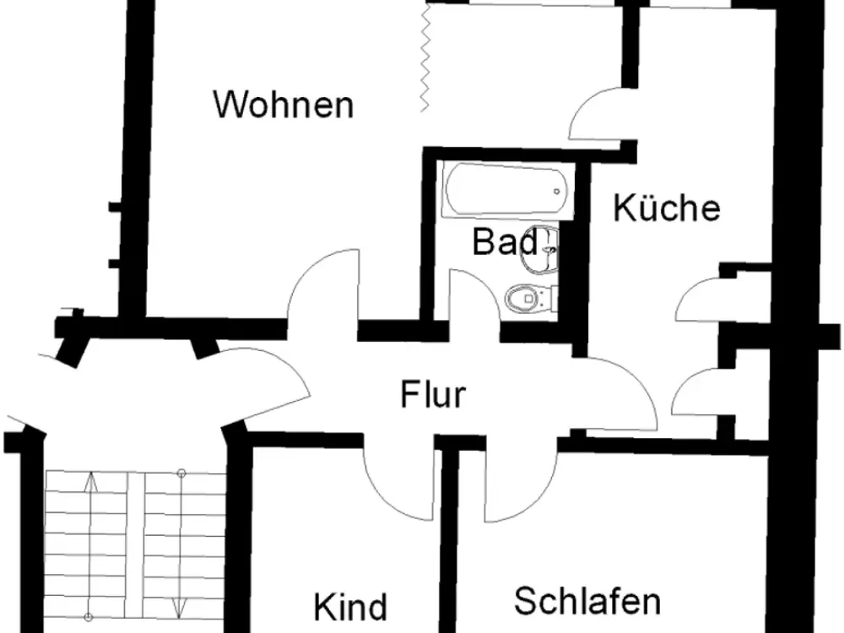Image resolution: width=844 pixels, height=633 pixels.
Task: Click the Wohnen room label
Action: pyautogui.click(x=284, y=105)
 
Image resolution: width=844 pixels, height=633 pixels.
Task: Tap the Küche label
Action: pyautogui.click(x=667, y=208)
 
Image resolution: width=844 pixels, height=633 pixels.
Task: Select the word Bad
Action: pyautogui.click(x=505, y=241)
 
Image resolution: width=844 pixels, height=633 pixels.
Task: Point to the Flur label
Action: pyautogui.click(x=433, y=394)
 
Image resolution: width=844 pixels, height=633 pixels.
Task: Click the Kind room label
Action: pyautogui.click(x=350, y=607)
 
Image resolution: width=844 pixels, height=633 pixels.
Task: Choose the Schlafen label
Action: pyautogui.click(x=587, y=601)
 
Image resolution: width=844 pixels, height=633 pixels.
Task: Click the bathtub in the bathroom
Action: pyautogui.click(x=506, y=189)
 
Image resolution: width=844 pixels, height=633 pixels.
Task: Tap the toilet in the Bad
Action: pyautogui.click(x=531, y=298)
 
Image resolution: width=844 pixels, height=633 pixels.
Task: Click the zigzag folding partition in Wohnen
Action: pyautogui.click(x=425, y=58)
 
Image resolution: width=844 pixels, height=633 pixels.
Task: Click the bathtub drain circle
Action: pyautogui.click(x=557, y=191)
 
